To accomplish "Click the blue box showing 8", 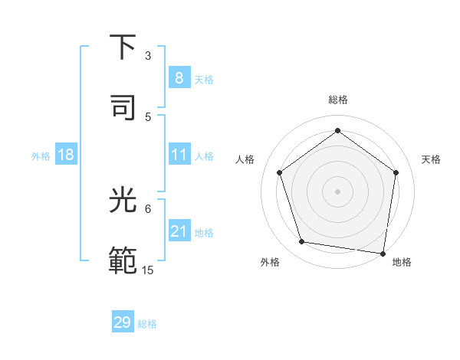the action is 179,78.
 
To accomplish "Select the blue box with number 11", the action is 179,155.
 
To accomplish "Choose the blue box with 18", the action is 66,155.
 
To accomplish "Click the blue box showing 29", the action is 123,322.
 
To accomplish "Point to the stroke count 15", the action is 148,270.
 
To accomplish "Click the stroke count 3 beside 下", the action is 148,56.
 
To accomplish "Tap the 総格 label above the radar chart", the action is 338,100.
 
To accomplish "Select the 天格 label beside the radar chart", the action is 432,159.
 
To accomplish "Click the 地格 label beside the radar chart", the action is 402,262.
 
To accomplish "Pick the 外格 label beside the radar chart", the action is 270,262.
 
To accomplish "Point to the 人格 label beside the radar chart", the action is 245,159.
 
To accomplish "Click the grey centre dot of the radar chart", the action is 337,191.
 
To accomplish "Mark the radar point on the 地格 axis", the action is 383,253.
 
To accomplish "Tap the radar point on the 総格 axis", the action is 337,131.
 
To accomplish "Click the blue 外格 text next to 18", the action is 41,155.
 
